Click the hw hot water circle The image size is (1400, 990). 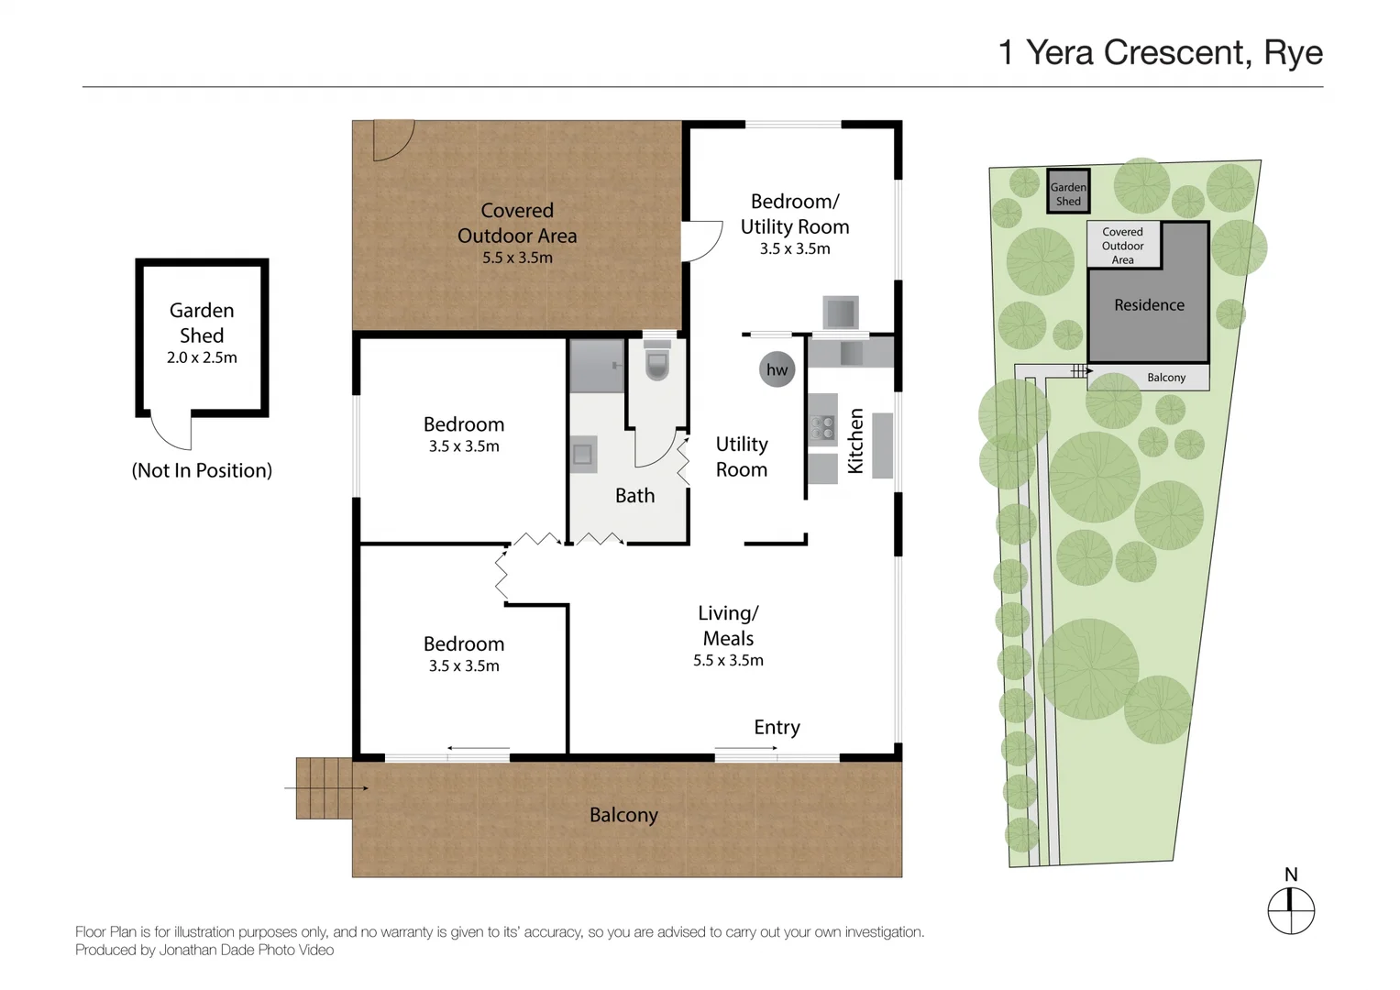tap(777, 369)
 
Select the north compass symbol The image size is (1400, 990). tap(1291, 911)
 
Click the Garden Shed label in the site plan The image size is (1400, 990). tap(1068, 193)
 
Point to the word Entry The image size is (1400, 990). tap(777, 727)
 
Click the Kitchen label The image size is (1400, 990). tap(855, 441)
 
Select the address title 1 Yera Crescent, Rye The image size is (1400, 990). tap(1160, 52)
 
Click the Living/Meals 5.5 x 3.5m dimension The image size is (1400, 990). tap(728, 660)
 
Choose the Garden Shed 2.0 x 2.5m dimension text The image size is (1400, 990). tap(202, 357)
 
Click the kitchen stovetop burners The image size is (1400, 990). tap(822, 427)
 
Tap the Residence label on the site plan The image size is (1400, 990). tap(1149, 305)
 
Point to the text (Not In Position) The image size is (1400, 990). tap(202, 470)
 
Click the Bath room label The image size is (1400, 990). tap(634, 496)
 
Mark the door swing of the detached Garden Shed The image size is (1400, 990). tap(171, 432)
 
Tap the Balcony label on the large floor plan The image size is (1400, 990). tap(623, 815)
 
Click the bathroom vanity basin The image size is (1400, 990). tap(582, 454)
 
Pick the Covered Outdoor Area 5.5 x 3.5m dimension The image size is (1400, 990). tap(517, 258)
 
